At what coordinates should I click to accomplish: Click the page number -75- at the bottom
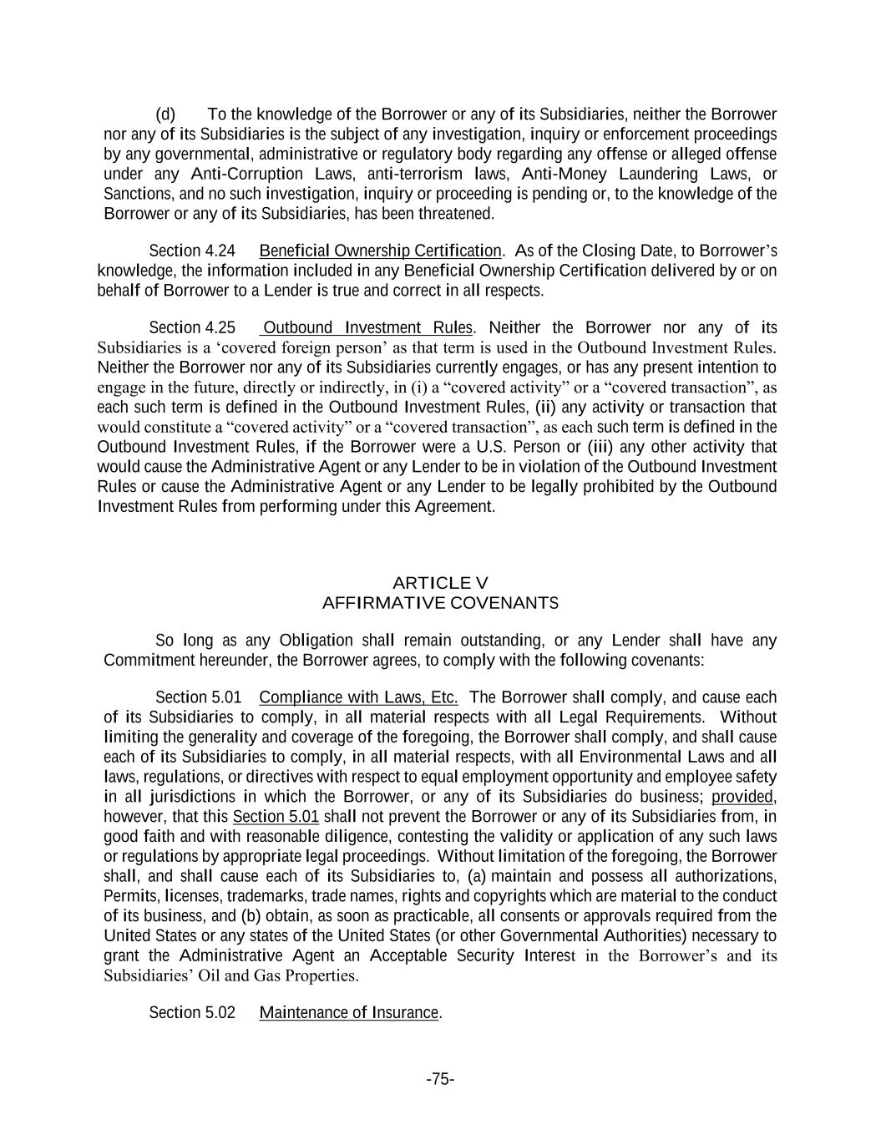pos(440,1079)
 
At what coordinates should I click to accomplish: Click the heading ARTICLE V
pos(440,583)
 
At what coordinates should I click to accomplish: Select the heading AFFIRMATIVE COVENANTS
pos(440,603)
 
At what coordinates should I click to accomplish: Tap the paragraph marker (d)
pos(165,114)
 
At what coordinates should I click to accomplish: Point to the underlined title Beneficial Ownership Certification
pos(381,251)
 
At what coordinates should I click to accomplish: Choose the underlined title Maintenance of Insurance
pos(349,1013)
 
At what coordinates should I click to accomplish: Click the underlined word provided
pos(742,797)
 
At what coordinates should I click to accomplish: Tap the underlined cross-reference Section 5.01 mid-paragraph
pos(264,817)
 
